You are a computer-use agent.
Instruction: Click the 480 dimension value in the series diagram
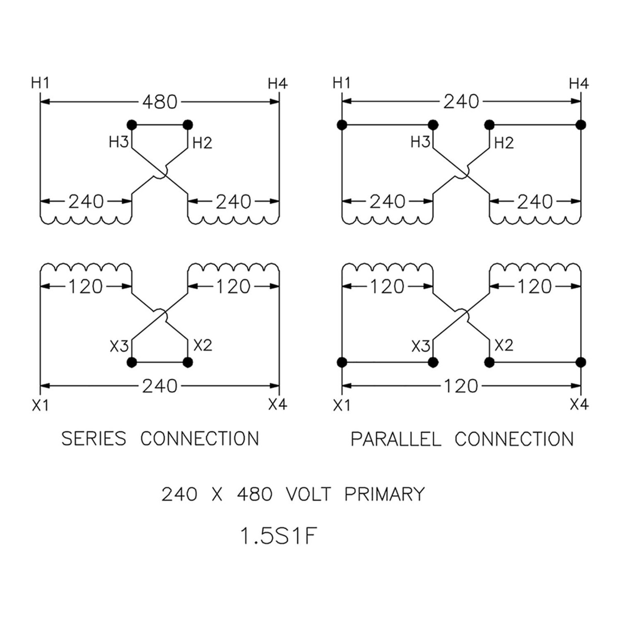(160, 102)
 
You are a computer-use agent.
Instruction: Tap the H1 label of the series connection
(39, 83)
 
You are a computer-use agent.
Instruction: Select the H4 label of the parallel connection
(579, 83)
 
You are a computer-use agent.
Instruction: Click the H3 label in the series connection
(119, 142)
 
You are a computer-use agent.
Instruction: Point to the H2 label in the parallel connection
(504, 142)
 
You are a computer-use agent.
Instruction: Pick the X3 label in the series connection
(119, 346)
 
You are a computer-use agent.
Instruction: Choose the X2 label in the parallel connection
(504, 345)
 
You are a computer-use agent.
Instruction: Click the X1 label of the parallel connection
(342, 405)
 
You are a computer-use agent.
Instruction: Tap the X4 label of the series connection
(278, 404)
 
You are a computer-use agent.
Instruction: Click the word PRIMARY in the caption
(385, 494)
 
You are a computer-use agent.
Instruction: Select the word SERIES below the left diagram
(94, 439)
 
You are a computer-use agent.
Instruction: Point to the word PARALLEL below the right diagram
(396, 439)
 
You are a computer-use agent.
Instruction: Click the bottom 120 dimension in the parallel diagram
(461, 386)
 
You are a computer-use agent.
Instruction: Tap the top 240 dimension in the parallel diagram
(461, 102)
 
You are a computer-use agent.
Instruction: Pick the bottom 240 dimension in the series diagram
(160, 386)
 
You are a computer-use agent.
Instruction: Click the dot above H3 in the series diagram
(132, 125)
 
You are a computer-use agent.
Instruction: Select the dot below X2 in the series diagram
(187, 362)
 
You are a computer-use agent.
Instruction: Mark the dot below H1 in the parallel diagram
(342, 125)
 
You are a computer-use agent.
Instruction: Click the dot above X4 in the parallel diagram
(581, 362)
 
